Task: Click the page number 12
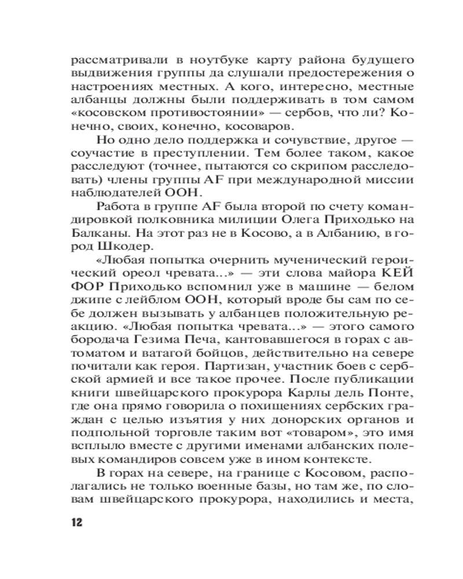click(76, 522)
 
